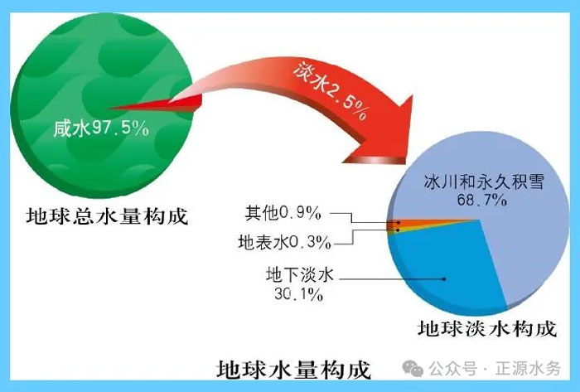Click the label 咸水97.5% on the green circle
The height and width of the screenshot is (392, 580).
[101, 128]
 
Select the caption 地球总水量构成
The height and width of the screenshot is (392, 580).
[107, 216]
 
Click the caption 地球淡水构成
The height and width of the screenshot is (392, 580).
[487, 329]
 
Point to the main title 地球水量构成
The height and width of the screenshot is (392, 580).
[293, 370]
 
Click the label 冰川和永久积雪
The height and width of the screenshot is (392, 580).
[484, 182]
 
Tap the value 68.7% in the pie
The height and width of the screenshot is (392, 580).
[482, 200]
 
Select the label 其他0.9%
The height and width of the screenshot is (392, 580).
[283, 213]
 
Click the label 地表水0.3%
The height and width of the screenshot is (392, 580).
[284, 243]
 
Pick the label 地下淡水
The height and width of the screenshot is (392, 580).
[300, 275]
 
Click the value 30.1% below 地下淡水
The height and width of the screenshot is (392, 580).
[299, 294]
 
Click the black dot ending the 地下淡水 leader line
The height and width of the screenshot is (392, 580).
[444, 279]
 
